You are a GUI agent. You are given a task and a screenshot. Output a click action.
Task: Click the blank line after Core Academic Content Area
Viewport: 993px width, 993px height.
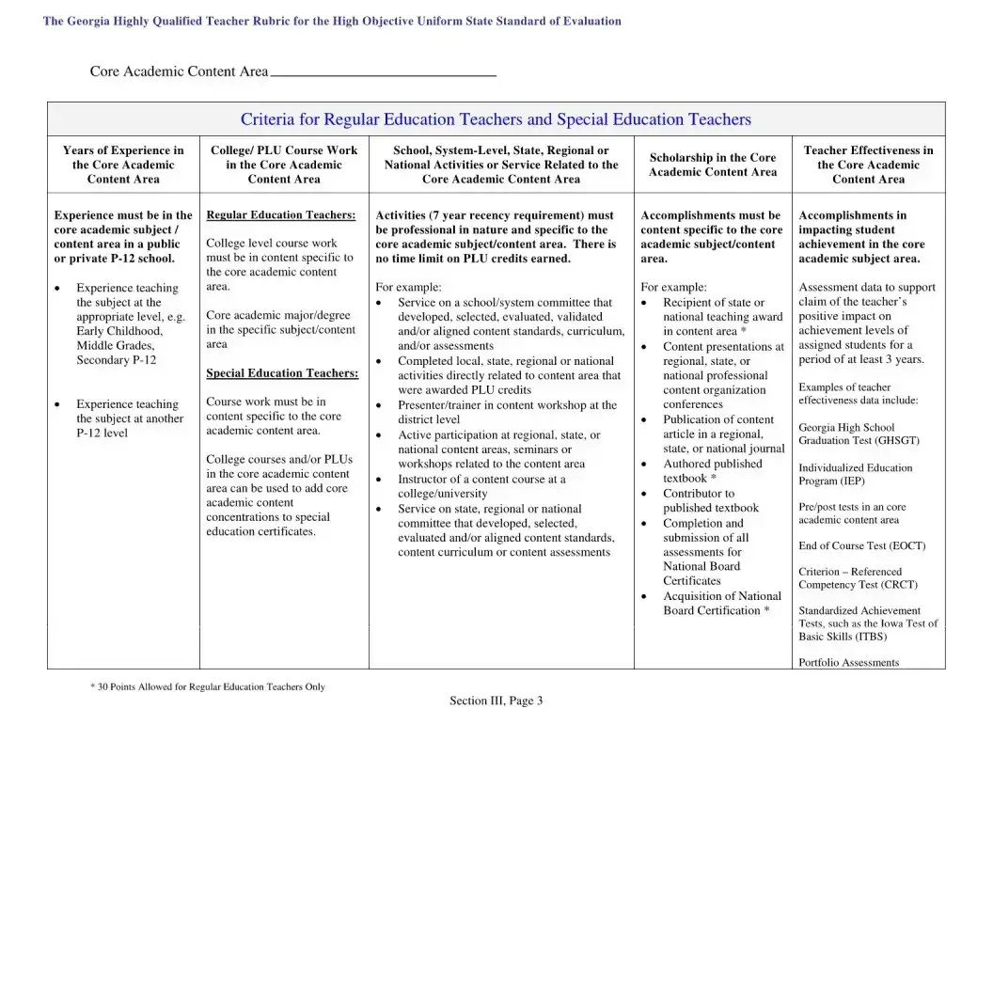click(x=383, y=71)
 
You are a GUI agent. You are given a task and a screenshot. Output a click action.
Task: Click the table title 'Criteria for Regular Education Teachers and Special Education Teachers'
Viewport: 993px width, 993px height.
click(x=496, y=119)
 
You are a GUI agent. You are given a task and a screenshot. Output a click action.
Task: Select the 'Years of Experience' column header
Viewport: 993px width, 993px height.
click(x=123, y=165)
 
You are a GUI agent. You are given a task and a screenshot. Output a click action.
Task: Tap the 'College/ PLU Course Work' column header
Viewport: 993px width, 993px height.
click(x=284, y=165)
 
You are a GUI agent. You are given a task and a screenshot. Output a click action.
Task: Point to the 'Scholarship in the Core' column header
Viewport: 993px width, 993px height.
click(x=713, y=165)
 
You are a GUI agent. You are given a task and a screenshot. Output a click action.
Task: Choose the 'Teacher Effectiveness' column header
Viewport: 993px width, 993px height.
click(x=868, y=165)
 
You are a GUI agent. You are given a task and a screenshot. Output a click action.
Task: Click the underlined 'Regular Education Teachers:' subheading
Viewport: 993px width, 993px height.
click(x=281, y=215)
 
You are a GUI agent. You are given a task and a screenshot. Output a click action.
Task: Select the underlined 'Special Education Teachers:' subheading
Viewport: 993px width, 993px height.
click(x=282, y=373)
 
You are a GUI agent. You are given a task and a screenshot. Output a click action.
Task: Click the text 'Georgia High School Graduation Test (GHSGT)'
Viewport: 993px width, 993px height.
click(x=859, y=433)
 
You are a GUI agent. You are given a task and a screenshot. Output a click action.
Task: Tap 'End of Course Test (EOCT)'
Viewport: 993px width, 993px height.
click(x=861, y=545)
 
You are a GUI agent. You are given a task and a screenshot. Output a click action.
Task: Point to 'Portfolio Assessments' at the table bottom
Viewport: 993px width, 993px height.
click(x=848, y=662)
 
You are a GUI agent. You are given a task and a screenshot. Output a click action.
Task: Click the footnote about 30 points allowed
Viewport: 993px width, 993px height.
click(x=208, y=686)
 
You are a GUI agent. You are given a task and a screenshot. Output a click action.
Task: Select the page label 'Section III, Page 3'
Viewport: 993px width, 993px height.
click(x=496, y=701)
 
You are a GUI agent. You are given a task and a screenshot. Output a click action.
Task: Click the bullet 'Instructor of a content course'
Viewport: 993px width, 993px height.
click(x=481, y=486)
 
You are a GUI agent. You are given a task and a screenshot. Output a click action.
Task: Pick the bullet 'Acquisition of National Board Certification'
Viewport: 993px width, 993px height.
click(x=721, y=603)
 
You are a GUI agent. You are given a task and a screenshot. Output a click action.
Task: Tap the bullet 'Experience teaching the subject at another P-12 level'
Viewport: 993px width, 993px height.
click(x=129, y=418)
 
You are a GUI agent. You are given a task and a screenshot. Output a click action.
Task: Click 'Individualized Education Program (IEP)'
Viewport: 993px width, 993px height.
click(x=855, y=474)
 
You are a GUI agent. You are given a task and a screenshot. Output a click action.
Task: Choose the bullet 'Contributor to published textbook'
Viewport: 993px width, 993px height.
click(x=710, y=500)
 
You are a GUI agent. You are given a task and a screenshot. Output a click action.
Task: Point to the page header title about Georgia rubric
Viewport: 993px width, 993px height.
click(x=332, y=21)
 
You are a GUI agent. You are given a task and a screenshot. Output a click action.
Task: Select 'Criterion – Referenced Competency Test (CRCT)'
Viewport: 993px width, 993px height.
click(x=858, y=577)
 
